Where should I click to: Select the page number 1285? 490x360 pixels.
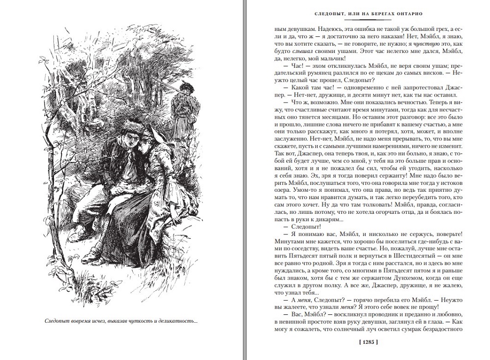pyautogui.click(x=369, y=343)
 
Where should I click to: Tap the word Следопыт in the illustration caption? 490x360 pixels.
pyautogui.click(x=58, y=322)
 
